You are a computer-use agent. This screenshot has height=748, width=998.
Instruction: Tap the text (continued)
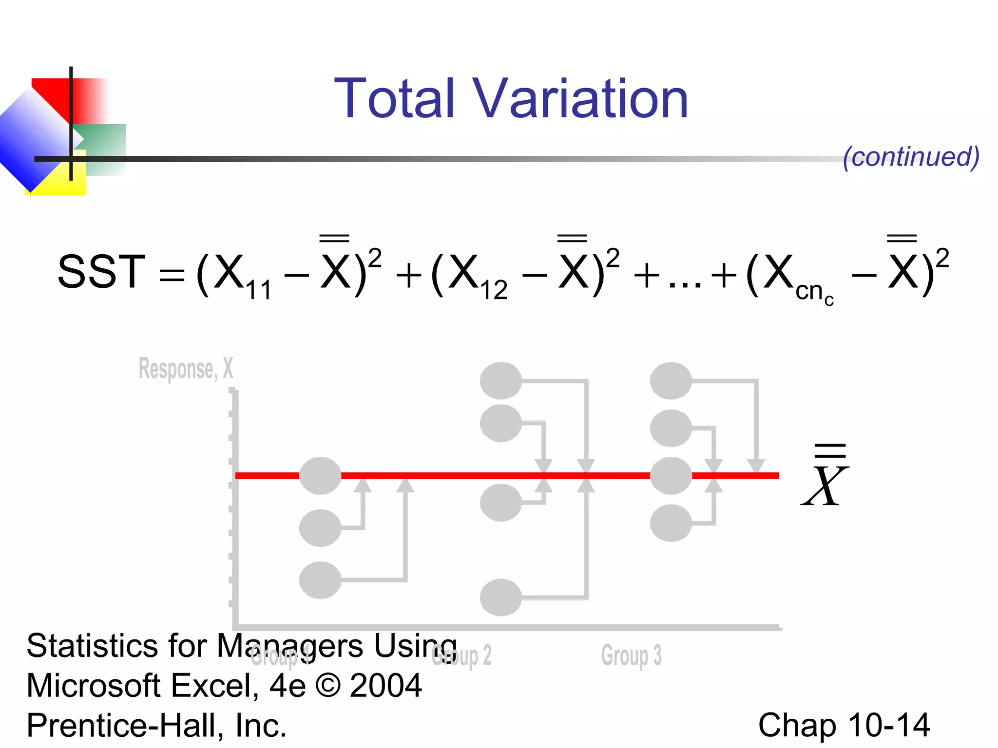pos(911,157)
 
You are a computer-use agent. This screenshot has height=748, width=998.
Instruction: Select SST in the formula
pos(101,272)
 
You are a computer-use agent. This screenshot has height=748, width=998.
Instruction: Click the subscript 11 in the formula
pos(258,291)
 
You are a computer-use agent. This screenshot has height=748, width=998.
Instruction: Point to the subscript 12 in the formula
pos(494,291)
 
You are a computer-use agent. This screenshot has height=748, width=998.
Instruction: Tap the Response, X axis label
pos(186,369)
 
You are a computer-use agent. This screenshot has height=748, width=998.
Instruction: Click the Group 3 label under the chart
pos(631,655)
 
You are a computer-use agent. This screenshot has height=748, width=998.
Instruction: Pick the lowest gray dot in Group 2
pos(500,597)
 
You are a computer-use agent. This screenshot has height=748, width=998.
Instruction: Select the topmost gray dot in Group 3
pos(671,380)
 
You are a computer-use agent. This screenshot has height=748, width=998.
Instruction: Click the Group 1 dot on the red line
pos(320,476)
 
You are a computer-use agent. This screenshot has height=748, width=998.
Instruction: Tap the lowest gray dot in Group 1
pos(320,580)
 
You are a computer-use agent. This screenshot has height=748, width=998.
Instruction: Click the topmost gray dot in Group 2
pos(500,380)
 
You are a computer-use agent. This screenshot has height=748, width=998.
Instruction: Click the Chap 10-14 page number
pos(844,725)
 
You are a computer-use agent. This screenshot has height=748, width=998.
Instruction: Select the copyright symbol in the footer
pos(328,685)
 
